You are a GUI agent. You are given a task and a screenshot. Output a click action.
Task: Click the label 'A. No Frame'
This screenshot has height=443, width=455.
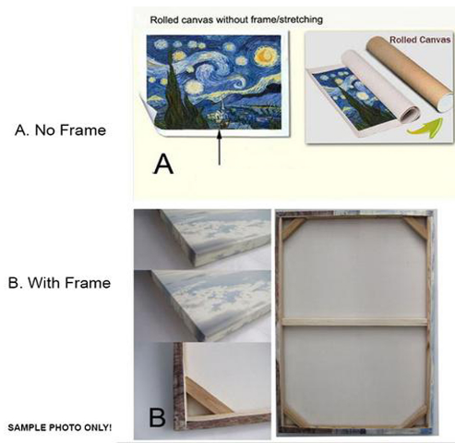coord(60,129)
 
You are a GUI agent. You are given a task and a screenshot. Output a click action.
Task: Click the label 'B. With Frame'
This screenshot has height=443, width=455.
coord(59,283)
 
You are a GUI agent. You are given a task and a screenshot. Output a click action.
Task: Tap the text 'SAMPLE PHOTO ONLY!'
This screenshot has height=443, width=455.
coord(60,427)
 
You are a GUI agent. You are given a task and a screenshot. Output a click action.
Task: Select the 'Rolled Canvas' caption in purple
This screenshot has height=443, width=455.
coord(420,40)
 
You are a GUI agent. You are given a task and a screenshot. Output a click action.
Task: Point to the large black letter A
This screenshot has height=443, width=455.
coord(163,165)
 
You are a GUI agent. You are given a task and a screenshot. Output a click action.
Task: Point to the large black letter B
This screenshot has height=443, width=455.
coord(157,417)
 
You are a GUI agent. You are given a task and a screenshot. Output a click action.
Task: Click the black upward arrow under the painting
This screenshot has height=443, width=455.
coord(220,147)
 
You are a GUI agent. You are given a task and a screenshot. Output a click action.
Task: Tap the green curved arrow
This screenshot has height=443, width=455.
coord(425,128)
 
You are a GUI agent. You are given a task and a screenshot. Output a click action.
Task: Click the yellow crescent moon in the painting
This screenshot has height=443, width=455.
coord(264,55)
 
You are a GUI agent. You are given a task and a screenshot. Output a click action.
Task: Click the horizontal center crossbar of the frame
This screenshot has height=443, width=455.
coord(354,322)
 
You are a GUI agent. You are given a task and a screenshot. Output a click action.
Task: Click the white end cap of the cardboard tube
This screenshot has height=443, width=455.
coord(447,104)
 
